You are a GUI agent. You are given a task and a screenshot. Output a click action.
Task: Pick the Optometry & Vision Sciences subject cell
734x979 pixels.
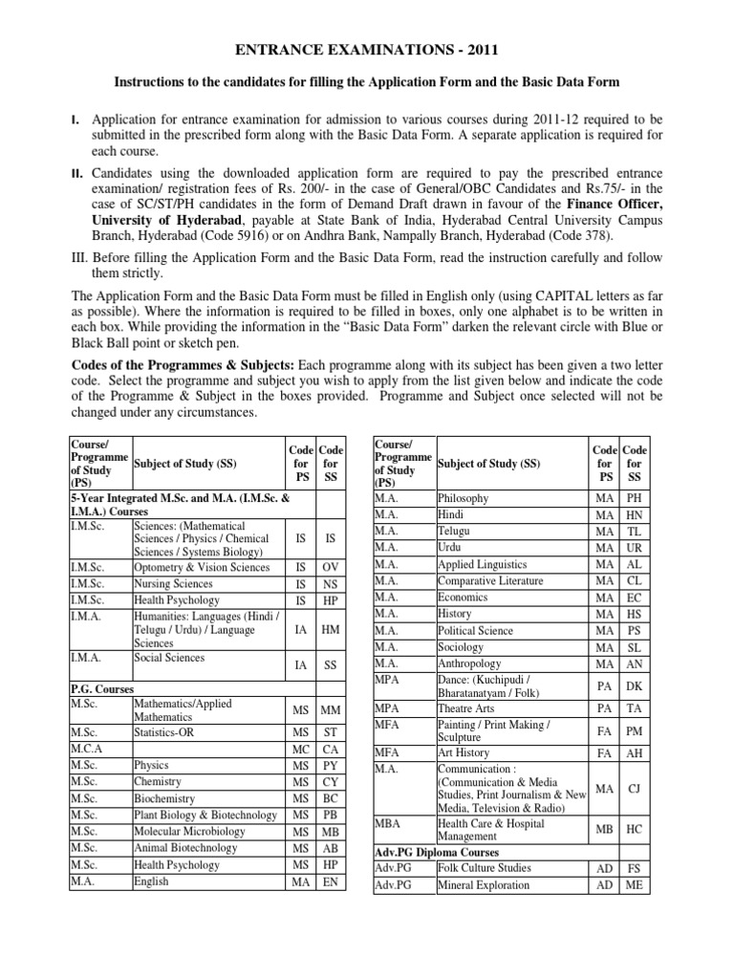[202, 567]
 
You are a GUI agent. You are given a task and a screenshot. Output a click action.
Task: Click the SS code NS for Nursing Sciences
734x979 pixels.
[330, 583]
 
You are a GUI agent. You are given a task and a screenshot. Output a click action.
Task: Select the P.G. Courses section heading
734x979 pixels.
[102, 688]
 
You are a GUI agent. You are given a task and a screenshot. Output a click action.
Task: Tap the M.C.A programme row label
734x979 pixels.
[87, 750]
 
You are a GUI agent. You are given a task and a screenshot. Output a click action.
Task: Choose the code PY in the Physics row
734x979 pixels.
[330, 767]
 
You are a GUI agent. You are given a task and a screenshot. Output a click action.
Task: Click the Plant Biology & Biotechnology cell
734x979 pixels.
[206, 815]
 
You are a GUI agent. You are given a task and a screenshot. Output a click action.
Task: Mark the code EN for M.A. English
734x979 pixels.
[330, 881]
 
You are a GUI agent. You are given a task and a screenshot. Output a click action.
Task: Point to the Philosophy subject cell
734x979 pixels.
[464, 498]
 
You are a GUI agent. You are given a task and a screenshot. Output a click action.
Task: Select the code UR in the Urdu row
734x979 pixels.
[634, 548]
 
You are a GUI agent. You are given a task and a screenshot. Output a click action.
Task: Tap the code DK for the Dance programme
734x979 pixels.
[634, 686]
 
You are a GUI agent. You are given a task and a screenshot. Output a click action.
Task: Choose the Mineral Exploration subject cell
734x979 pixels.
[484, 884]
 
